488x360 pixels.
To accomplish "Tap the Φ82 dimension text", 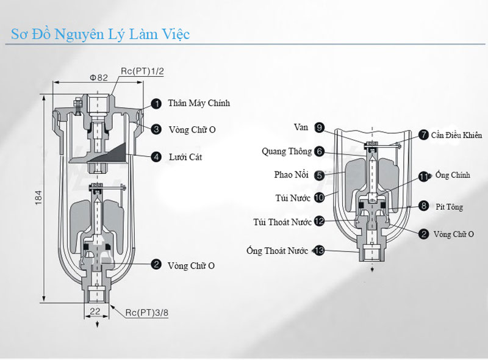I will [x=99, y=77].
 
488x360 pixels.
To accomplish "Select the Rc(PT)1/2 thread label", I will [x=143, y=71].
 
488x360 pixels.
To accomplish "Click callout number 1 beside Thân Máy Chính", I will [x=156, y=104].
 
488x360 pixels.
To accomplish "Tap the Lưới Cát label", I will [x=186, y=157].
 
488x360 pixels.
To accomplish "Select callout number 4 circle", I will [x=156, y=157].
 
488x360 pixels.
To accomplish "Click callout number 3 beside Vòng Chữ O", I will [x=156, y=129].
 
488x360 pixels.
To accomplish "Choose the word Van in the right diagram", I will [x=301, y=127].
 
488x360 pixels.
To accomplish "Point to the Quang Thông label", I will [x=287, y=151].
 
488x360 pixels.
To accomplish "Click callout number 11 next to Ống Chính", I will [x=423, y=176].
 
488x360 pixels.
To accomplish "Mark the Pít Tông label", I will [x=450, y=207].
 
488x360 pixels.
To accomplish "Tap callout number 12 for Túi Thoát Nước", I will [x=319, y=221].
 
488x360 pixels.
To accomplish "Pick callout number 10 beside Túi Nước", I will [x=319, y=198].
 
